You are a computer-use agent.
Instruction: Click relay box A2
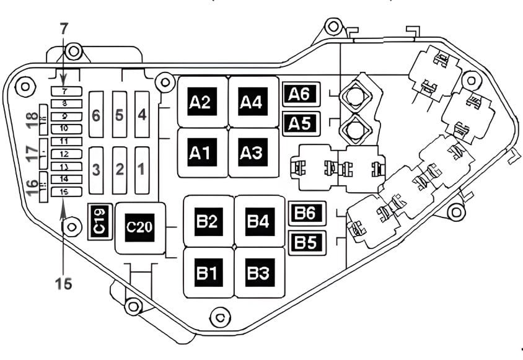pos(203,102)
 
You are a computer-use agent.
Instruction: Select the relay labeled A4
pos(253,102)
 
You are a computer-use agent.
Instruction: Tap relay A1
pos(203,152)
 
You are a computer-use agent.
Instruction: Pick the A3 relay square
pos(253,152)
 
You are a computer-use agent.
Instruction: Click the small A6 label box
pos(301,94)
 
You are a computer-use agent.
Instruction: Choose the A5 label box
pos(301,123)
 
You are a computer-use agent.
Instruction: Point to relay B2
pos(208,221)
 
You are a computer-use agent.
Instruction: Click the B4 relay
pos(259,221)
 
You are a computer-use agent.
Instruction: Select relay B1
pos(208,272)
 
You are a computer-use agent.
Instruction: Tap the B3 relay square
pos(259,272)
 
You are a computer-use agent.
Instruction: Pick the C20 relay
pos(139,227)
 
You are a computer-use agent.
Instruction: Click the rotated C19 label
pos(99,220)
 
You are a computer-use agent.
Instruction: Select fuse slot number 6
pos(96,115)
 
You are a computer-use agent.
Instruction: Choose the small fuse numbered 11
pos(63,141)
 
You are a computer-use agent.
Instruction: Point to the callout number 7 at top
pos(64,27)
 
